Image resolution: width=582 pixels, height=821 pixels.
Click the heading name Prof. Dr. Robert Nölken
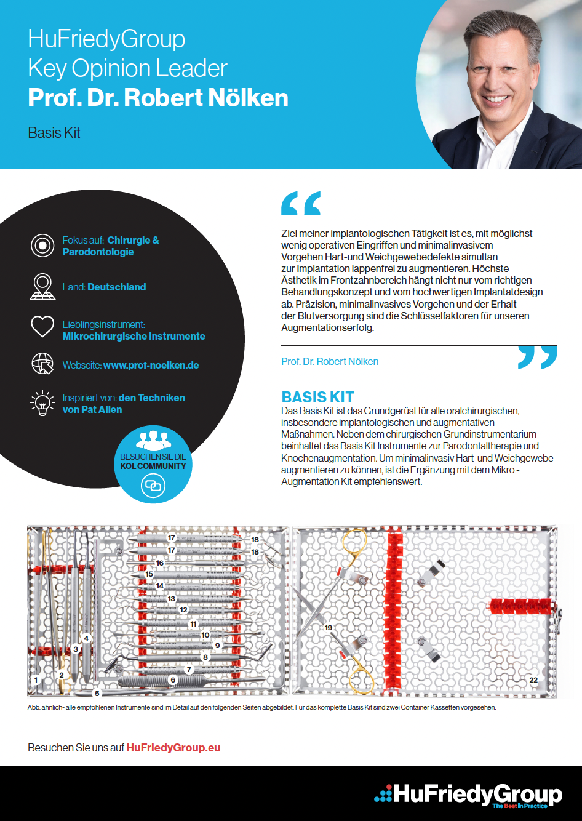tap(158, 98)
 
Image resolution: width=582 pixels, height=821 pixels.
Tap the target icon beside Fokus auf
tap(42, 246)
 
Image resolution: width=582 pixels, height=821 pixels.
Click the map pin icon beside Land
tap(42, 287)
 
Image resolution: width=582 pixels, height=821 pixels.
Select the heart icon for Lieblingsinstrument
tap(42, 326)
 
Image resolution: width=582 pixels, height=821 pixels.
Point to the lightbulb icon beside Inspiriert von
tap(42, 403)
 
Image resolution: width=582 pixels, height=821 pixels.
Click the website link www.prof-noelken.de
tap(151, 365)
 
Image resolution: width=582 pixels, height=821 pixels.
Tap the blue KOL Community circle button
tap(153, 464)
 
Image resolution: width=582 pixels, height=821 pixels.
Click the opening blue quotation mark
tap(301, 203)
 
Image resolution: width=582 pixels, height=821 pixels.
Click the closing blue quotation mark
tap(537, 357)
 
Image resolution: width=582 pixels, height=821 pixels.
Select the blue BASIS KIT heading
tap(317, 397)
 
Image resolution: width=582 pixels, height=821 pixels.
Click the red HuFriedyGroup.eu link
tap(173, 748)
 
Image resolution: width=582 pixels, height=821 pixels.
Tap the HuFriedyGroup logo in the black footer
tap(469, 795)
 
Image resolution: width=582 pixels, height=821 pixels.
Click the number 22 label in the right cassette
tap(533, 680)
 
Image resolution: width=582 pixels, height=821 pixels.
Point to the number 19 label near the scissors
tap(329, 628)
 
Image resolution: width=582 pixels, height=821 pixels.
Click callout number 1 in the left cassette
tap(36, 680)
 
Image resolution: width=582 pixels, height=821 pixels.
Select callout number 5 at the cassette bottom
tap(97, 693)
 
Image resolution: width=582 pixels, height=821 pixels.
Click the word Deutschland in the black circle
tap(117, 287)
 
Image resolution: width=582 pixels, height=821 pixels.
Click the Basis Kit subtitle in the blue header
tap(54, 133)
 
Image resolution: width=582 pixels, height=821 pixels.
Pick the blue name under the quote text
tap(330, 361)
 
